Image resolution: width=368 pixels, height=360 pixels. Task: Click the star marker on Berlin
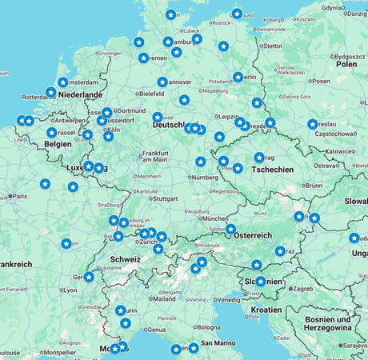pos(238,77)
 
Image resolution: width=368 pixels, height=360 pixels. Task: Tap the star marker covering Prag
pos(259,158)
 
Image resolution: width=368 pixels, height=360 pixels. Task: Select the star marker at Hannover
pos(162,82)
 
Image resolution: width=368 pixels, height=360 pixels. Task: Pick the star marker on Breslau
pos(312,124)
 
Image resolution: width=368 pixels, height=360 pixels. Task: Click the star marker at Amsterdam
pos(63,82)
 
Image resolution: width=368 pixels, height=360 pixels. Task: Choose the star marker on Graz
pos(280,250)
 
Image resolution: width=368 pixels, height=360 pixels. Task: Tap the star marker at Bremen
pos(143,58)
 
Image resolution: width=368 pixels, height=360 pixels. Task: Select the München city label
pos(215,218)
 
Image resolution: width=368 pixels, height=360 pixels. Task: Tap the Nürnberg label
pos(205,177)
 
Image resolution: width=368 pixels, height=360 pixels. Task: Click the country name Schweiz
pos(126,259)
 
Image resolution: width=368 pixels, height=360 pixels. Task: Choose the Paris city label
pos(19,196)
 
